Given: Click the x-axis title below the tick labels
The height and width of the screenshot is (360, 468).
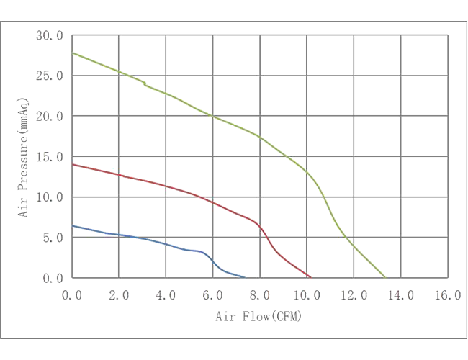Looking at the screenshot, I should point(258,315).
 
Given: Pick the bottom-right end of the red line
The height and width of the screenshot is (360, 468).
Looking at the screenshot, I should point(311,278).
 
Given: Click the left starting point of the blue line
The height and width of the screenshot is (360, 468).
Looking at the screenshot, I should point(66,226).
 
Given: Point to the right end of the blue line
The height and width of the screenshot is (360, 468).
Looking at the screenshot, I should point(245,276).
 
